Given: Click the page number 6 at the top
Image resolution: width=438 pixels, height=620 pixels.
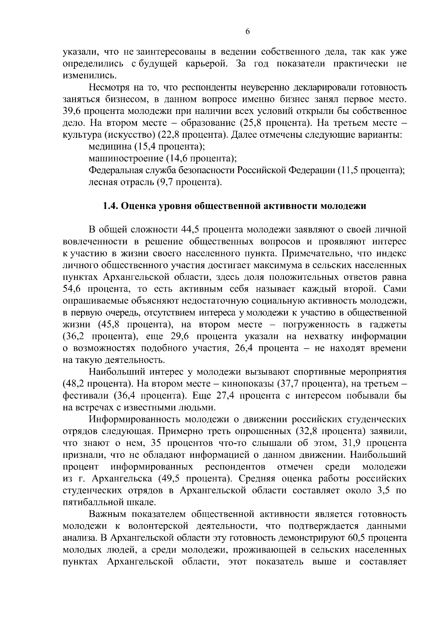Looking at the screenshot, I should [x=247, y=32].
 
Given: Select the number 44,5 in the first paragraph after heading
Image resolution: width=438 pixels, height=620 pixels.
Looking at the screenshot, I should [x=190, y=230].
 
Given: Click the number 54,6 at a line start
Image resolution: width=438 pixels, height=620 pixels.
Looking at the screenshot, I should [x=72, y=289].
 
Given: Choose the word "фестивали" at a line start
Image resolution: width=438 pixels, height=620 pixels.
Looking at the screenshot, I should [x=86, y=396].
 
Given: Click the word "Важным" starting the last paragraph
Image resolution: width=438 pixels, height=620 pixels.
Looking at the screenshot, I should [x=107, y=514].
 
